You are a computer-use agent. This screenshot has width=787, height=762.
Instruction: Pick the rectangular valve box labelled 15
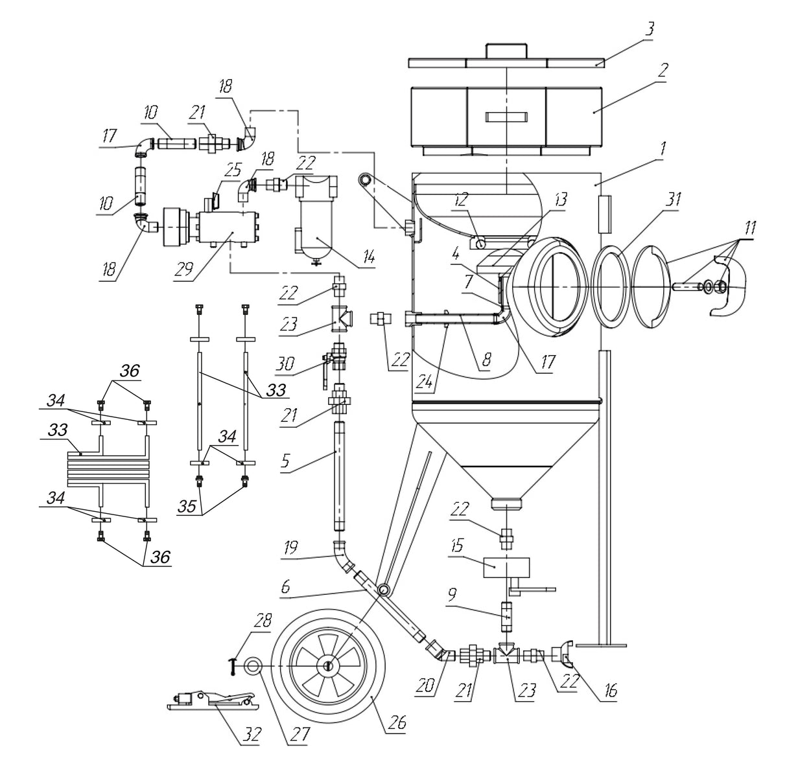(506, 567)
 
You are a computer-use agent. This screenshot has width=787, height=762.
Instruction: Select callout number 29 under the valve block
(185, 268)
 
